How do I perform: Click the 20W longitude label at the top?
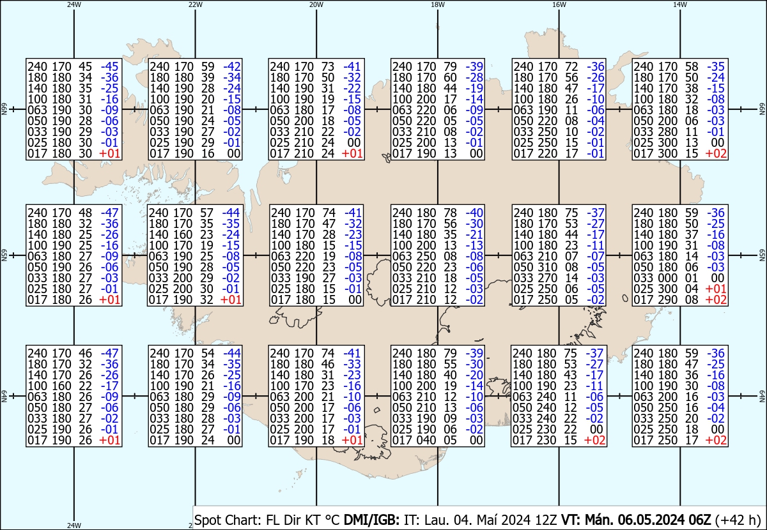[x=316, y=4]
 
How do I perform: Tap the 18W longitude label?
[x=437, y=4]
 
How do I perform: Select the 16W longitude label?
[x=559, y=4]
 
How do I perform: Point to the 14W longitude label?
[x=680, y=4]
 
